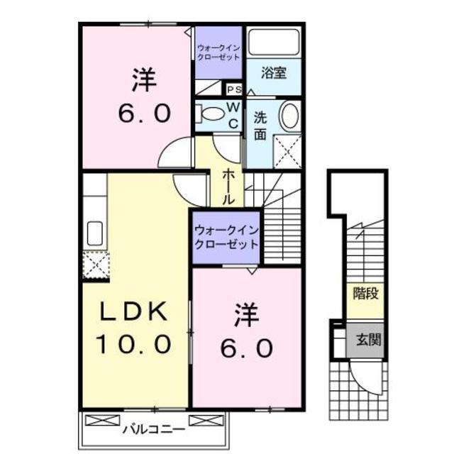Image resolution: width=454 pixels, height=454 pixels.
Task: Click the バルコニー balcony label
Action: [153, 428]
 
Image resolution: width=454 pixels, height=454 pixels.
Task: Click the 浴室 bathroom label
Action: [273, 72]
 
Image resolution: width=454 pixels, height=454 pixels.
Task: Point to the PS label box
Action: [234, 89]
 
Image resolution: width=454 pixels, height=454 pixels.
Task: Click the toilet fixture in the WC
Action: [210, 113]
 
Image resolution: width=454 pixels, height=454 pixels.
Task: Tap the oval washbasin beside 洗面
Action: [289, 116]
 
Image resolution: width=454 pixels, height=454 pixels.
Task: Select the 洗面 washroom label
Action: [260, 126]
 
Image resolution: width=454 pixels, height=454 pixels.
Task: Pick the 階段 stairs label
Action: [366, 293]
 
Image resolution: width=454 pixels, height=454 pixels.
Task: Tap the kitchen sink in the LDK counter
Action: [94, 232]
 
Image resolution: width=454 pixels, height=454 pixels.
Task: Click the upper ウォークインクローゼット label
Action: [220, 52]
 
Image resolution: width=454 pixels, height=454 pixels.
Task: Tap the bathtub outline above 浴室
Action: [273, 43]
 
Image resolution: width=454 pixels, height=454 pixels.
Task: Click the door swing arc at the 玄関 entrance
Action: [368, 380]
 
